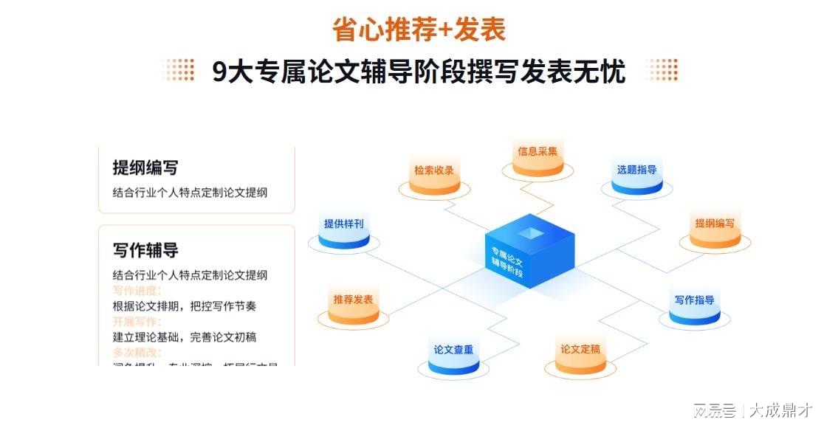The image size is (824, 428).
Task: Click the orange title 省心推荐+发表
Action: click(419, 30)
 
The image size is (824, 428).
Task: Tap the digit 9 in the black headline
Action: click(219, 72)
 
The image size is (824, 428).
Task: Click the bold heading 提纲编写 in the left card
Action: click(145, 168)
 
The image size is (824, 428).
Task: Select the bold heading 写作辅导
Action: click(145, 250)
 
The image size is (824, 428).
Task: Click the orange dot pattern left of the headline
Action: click(179, 70)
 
